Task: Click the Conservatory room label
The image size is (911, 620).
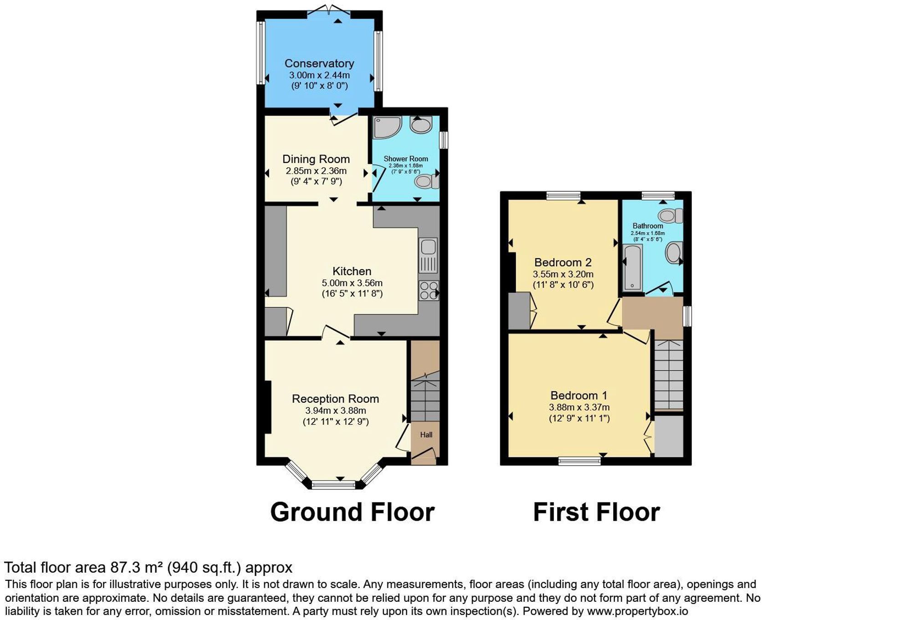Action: coord(319,63)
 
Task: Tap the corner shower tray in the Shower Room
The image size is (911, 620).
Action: coord(386,127)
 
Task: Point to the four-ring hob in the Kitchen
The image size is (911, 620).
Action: coord(429,291)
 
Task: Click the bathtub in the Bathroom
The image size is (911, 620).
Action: coord(632,268)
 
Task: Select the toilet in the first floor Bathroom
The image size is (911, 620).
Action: coord(671,215)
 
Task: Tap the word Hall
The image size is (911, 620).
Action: coord(426,435)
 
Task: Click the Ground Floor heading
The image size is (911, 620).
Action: coord(352,512)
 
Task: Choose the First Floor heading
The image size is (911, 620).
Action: coord(596,512)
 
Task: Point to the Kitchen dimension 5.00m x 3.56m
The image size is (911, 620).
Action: coord(352,283)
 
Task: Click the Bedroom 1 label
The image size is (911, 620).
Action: coord(578,395)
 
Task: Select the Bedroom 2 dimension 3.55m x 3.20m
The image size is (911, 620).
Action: coord(563,274)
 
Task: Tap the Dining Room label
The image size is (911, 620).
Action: coord(316,159)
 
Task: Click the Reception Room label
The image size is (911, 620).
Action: coord(335,399)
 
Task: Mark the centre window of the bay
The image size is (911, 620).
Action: coord(333,485)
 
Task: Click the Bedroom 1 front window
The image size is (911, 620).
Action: coord(579,461)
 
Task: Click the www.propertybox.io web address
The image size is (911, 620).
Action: coord(637,611)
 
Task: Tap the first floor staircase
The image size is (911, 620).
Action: coord(669,374)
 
